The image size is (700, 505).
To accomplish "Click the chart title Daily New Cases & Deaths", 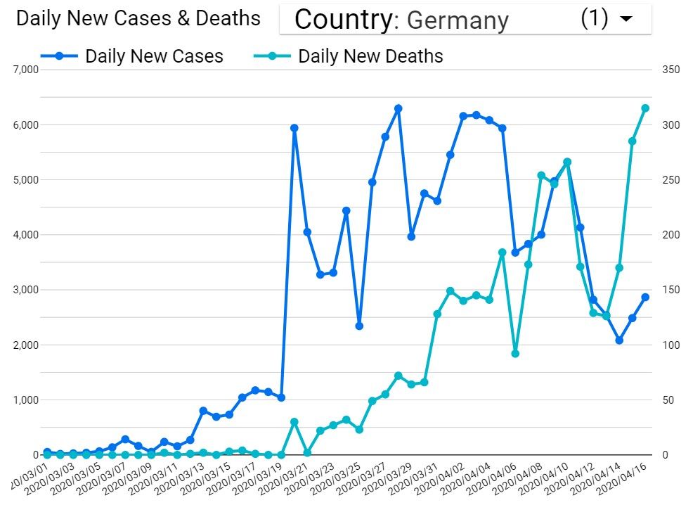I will click(138, 18).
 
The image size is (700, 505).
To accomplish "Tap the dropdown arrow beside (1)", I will click(626, 20).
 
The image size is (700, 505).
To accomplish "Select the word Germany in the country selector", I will click(458, 20).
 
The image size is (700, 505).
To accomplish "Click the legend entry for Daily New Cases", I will click(154, 56).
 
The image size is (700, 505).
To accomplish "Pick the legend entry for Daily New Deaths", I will click(370, 56).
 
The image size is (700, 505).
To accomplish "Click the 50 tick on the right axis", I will click(666, 400).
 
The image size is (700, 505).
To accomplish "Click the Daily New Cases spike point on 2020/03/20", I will click(294, 128).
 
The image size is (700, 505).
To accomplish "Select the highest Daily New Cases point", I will click(398, 108).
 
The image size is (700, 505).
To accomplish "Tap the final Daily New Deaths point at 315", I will click(645, 108).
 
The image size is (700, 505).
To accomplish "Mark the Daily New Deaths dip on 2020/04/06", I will click(515, 354).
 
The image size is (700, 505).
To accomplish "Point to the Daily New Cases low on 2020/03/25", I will click(359, 326).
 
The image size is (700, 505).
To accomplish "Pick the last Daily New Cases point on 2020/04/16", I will click(645, 297).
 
